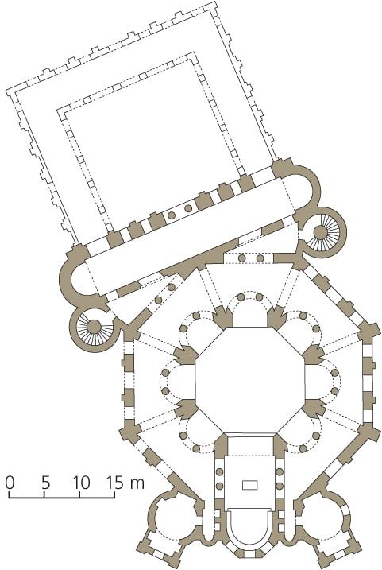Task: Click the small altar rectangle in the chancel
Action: click(250, 484)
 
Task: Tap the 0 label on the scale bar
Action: click(10, 483)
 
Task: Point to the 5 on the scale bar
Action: click(45, 483)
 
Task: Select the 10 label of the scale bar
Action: click(81, 483)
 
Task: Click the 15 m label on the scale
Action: click(125, 483)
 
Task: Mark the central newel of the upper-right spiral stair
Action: click(322, 231)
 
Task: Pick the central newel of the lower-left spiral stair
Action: click(94, 327)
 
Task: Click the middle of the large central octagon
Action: click(250, 380)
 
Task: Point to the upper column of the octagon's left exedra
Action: click(165, 373)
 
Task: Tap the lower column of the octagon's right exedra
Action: click(334, 391)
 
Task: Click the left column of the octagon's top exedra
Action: click(241, 297)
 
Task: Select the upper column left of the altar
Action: click(220, 472)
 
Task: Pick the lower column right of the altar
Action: click(280, 486)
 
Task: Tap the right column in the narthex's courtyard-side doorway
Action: click(188, 208)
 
